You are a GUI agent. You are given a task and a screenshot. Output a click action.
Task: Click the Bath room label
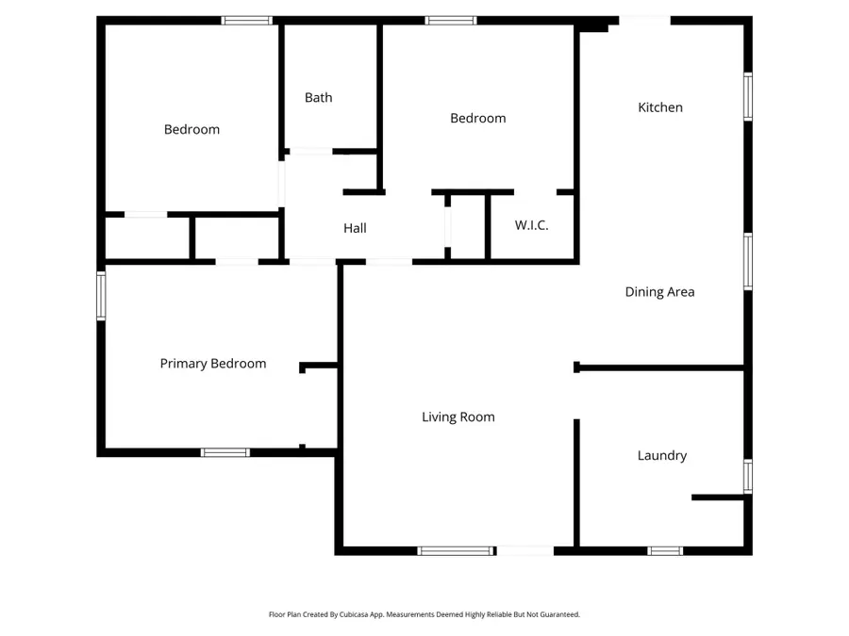[318, 97]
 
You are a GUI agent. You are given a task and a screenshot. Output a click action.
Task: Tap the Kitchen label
[660, 107]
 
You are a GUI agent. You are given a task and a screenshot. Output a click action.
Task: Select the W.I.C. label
[531, 225]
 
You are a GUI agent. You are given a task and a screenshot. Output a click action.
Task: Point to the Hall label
[355, 228]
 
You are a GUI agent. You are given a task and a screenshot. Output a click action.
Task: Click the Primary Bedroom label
[212, 364]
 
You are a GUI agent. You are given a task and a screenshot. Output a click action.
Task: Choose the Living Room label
[458, 416]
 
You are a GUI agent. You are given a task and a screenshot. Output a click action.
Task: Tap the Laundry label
[661, 455]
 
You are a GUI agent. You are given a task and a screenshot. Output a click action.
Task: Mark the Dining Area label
[659, 292]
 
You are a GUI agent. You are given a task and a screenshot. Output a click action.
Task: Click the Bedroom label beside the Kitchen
[477, 118]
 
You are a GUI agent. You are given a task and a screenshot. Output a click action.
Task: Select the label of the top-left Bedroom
[191, 129]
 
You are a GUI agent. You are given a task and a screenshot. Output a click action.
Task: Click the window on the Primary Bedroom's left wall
[101, 296]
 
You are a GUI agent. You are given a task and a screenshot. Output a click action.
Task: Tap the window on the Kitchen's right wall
[747, 97]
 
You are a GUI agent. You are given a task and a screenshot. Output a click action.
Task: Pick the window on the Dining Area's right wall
[747, 260]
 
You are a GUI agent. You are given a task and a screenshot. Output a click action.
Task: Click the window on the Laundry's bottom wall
[665, 550]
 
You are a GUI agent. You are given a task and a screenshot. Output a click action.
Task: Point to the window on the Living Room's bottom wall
[456, 550]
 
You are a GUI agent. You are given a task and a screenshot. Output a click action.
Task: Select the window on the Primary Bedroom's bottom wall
[225, 452]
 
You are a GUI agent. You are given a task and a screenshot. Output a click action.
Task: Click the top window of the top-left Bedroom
[246, 20]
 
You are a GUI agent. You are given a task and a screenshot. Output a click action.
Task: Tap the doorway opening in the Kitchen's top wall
[644, 20]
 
